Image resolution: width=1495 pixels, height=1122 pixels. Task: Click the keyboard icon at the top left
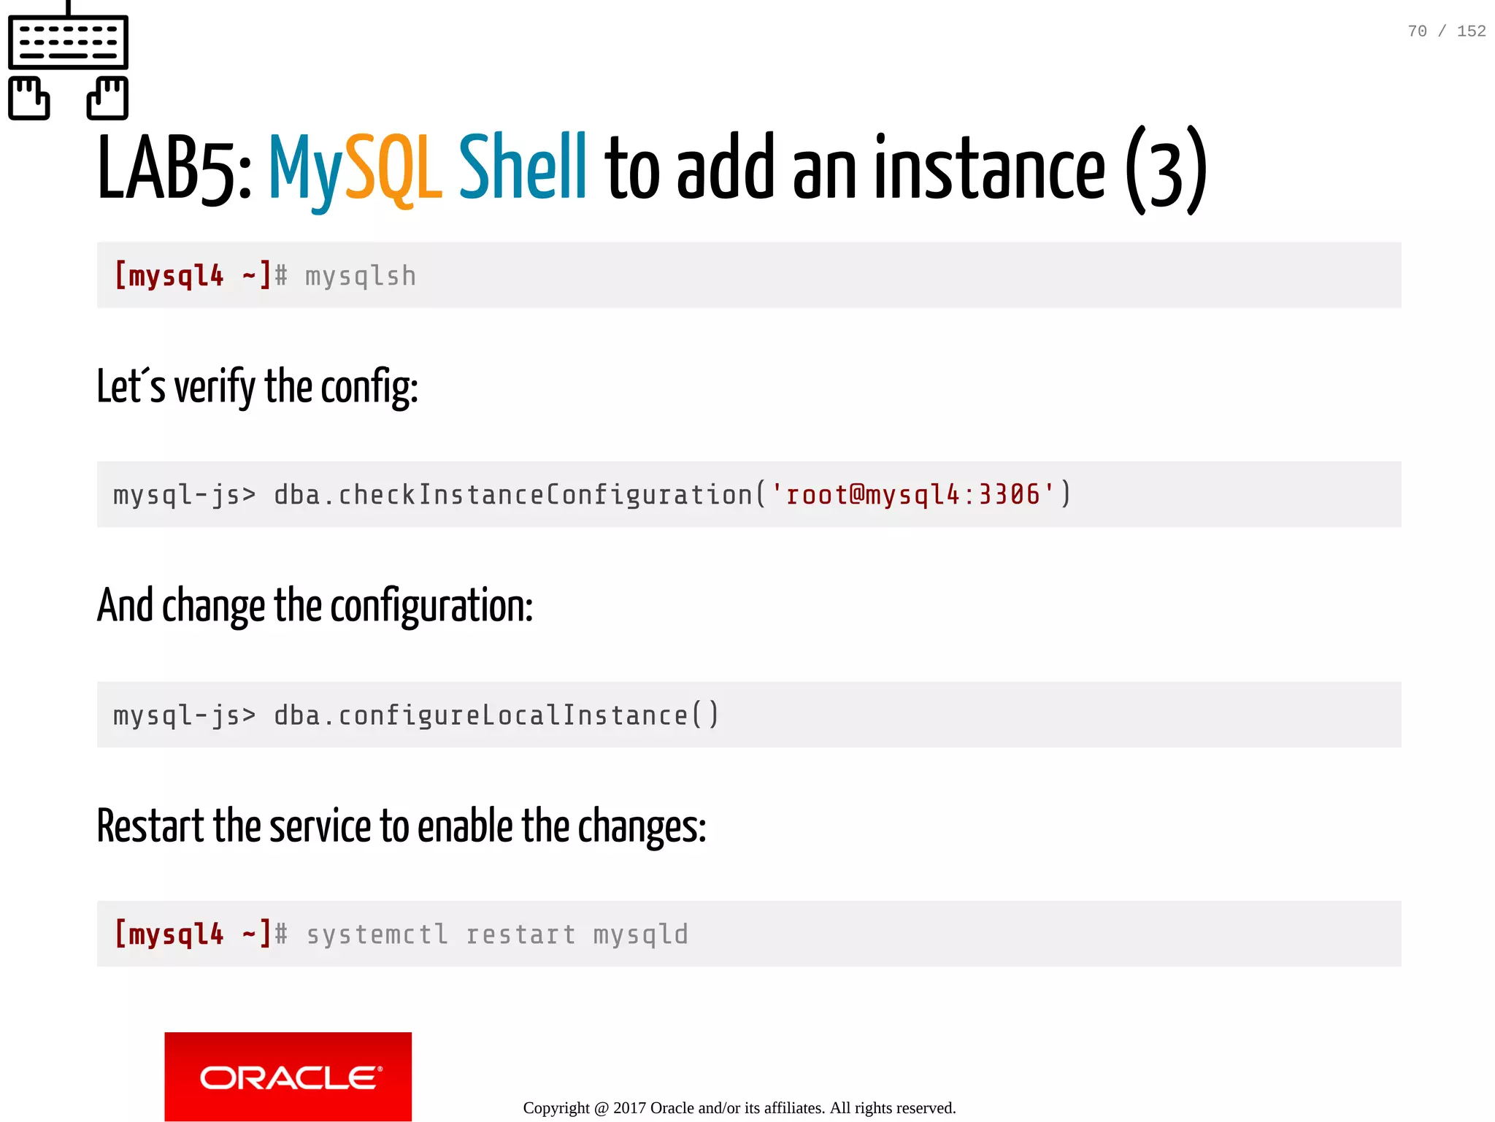pyautogui.click(x=68, y=42)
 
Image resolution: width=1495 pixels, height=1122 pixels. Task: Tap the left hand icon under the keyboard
pyautogui.click(x=29, y=98)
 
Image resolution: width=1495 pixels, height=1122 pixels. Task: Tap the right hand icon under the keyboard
pyautogui.click(x=107, y=98)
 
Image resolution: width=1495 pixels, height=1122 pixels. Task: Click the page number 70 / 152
pyautogui.click(x=1446, y=31)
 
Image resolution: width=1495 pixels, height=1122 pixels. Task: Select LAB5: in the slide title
pyautogui.click(x=174, y=169)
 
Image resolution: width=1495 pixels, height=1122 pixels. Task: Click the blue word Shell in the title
pyautogui.click(x=522, y=168)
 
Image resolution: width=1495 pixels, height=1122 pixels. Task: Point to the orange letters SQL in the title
pyautogui.click(x=393, y=169)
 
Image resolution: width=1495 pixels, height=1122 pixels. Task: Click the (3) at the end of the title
pyautogui.click(x=1166, y=169)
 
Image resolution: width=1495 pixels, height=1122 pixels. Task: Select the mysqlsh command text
pyautogui.click(x=361, y=277)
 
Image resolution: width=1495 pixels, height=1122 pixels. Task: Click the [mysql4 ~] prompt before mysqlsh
pyautogui.click(x=192, y=276)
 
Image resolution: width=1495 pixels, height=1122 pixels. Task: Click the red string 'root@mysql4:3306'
pyautogui.click(x=912, y=495)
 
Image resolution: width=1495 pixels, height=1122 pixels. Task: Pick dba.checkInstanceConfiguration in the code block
pyautogui.click(x=512, y=495)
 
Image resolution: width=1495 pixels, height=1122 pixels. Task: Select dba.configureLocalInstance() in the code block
pyautogui.click(x=496, y=715)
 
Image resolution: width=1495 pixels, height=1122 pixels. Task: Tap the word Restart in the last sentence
pyautogui.click(x=150, y=826)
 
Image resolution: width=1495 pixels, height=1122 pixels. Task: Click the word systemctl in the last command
pyautogui.click(x=377, y=935)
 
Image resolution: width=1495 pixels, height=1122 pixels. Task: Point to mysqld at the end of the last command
pyautogui.click(x=640, y=935)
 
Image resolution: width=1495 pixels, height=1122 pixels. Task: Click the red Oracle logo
pyautogui.click(x=288, y=1076)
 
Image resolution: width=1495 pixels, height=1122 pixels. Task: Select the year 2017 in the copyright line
pyautogui.click(x=629, y=1108)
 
